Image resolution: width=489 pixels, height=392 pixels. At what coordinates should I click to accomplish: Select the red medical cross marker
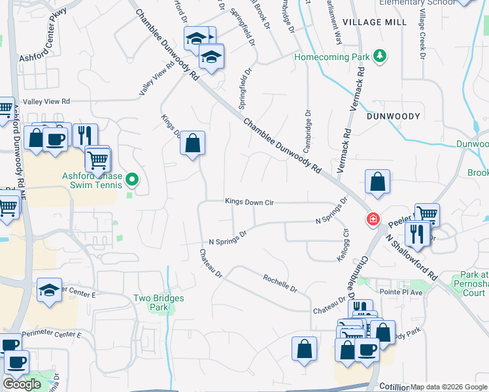point(373,219)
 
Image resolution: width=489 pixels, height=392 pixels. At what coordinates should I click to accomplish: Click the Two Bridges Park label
point(159,302)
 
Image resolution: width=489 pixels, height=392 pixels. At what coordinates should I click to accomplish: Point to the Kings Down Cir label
point(249,203)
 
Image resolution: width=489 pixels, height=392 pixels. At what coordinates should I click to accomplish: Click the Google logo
point(22,384)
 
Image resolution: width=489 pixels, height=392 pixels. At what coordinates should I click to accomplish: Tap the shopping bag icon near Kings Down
point(193,144)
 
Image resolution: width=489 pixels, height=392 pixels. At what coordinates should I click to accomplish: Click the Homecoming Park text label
point(331,57)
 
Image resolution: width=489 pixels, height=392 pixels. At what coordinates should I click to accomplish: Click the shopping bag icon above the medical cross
point(378,182)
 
